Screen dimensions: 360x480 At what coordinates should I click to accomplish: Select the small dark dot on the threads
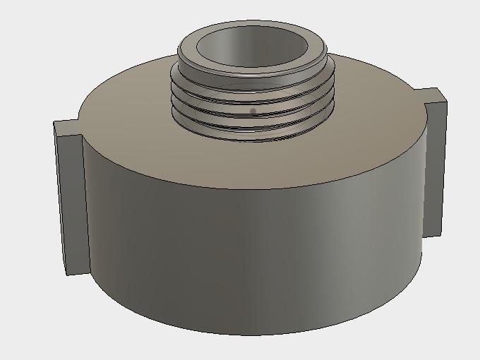point(253,111)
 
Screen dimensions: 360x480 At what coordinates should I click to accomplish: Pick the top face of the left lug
point(66,128)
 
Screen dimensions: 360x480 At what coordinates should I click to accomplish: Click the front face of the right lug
point(435,169)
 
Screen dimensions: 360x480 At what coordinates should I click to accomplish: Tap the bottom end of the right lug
point(433,234)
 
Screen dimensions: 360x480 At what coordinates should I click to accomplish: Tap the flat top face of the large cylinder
point(353,141)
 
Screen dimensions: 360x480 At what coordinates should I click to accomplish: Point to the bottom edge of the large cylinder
point(247,334)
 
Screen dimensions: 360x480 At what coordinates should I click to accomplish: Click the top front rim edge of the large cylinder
point(247,188)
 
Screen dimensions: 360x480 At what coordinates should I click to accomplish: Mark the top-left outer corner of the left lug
point(55,122)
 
